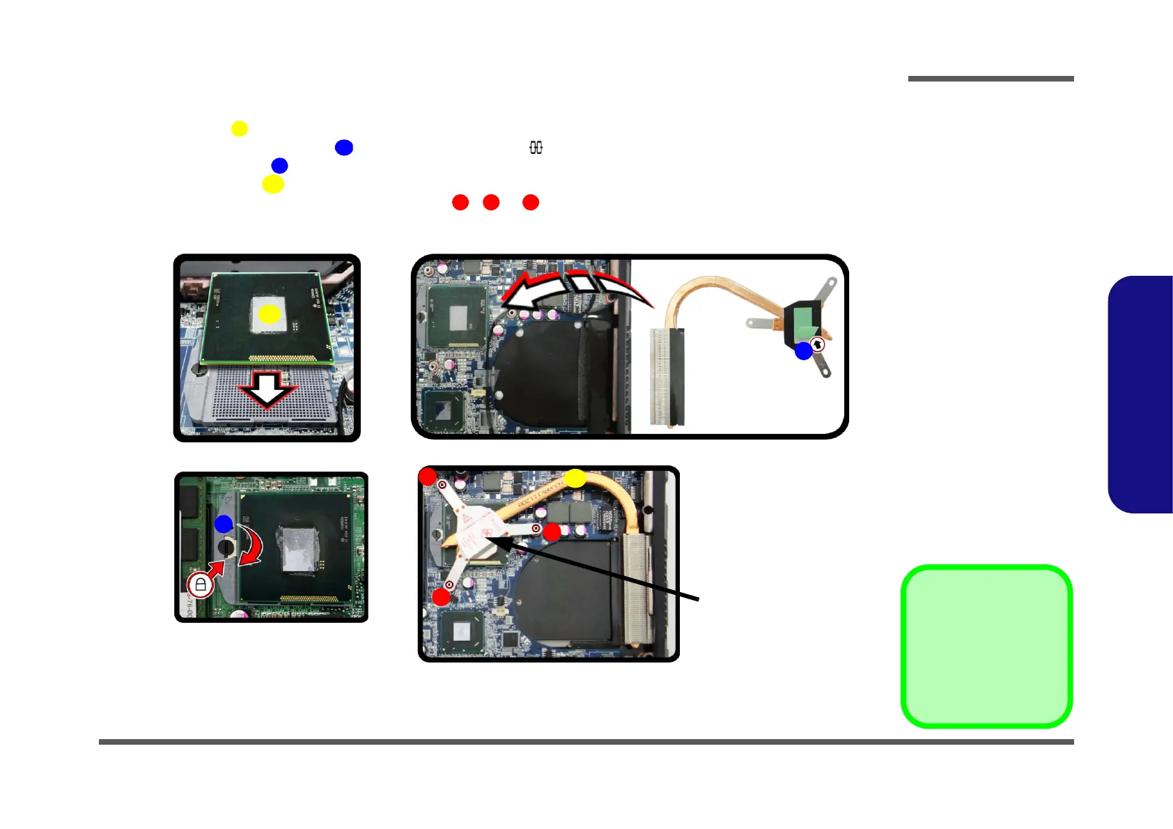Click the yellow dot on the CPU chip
coord(270,315)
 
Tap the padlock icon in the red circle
coord(201,584)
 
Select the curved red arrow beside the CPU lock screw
coord(251,545)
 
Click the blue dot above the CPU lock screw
coord(224,524)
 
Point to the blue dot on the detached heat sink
coord(804,351)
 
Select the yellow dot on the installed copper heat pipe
coord(575,479)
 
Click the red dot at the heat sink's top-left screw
coord(428,477)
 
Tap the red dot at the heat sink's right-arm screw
coord(552,532)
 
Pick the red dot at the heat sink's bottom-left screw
coord(442,596)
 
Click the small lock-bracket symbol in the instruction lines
coord(536,148)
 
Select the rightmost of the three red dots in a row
coord(531,202)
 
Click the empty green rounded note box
coord(986,646)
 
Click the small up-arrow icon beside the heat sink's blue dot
coord(818,345)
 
